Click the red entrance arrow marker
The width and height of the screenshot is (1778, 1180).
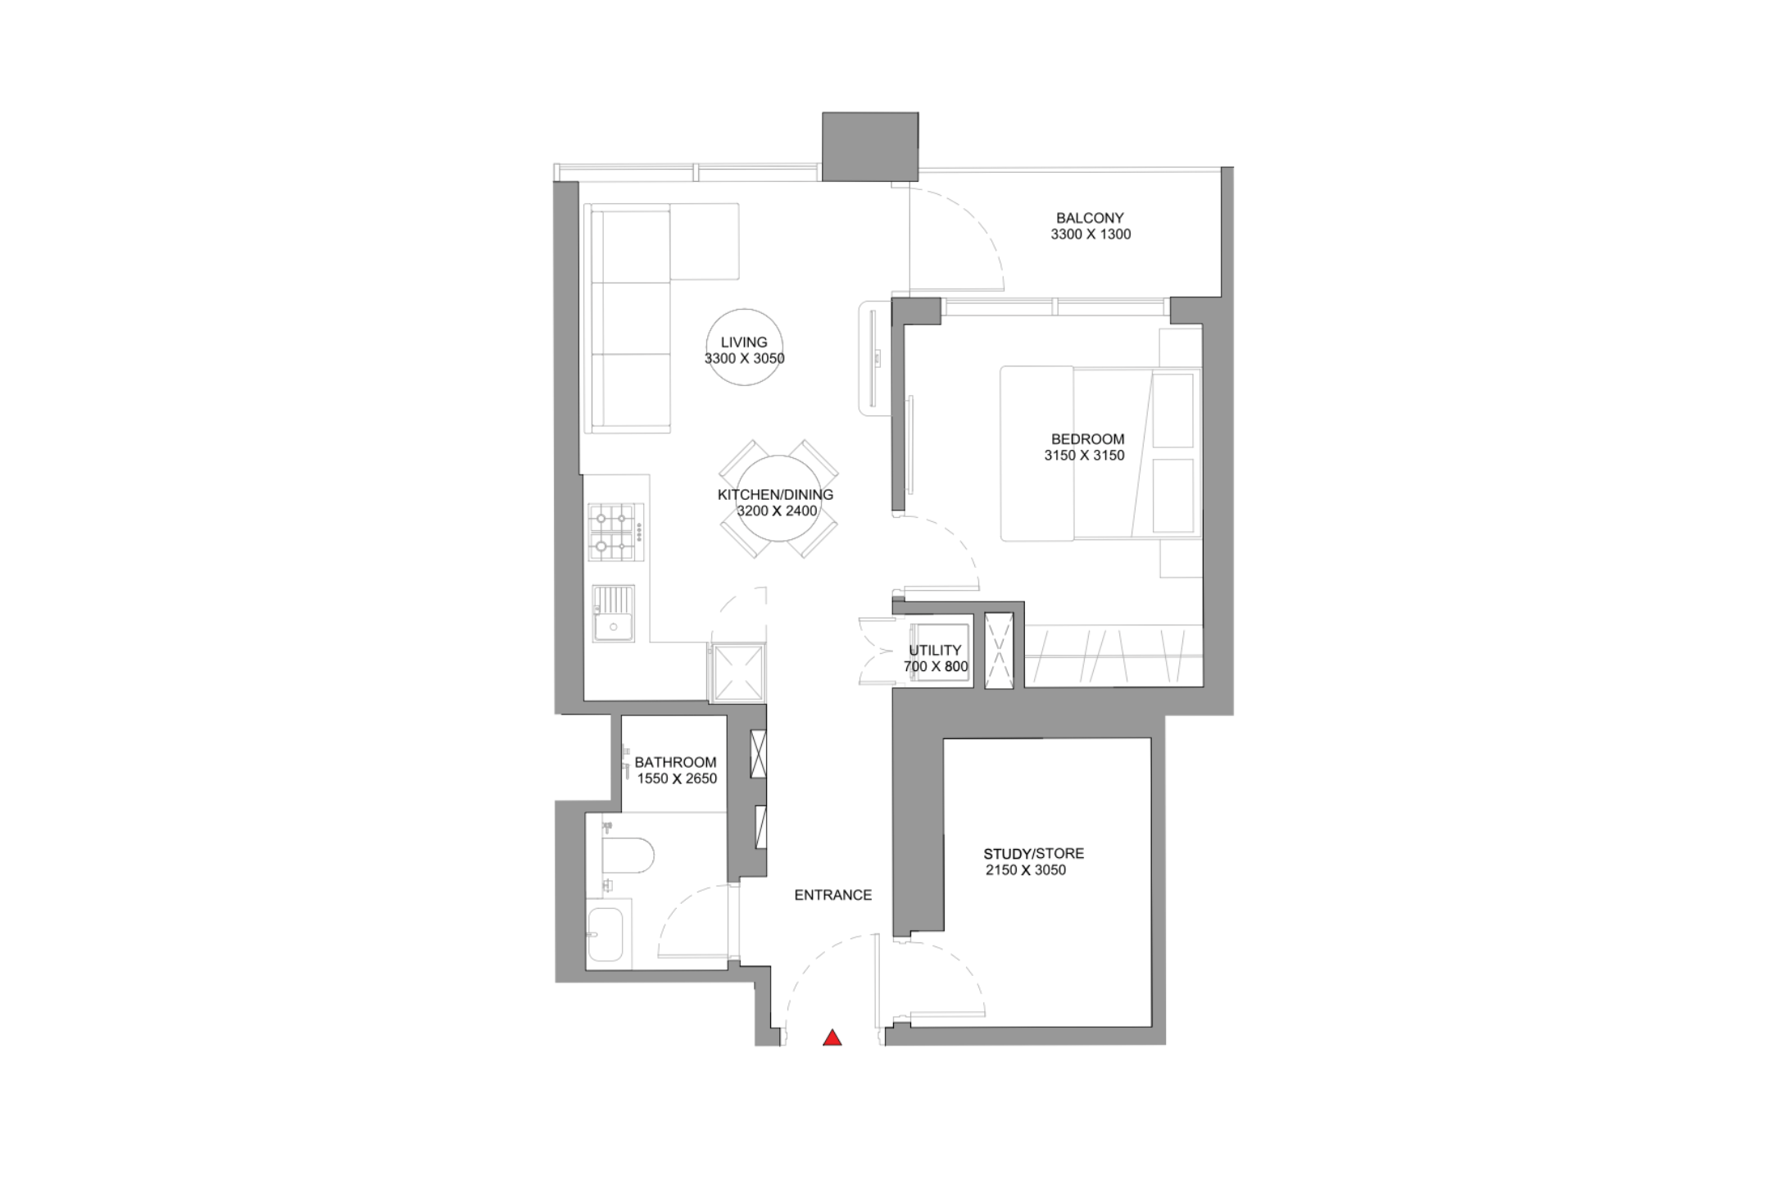point(832,1038)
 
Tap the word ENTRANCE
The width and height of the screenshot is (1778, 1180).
point(833,895)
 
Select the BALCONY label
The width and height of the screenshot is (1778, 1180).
point(1090,218)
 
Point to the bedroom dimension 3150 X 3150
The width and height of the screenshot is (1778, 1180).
point(1084,456)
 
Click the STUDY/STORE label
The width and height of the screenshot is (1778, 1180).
point(1034,854)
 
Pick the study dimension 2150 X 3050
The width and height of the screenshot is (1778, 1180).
point(1026,870)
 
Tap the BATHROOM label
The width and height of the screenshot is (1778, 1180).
point(675,762)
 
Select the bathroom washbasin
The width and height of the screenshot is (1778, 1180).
point(606,934)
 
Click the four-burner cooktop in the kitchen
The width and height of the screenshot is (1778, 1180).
point(615,532)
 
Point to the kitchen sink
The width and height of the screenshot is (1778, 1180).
point(614,613)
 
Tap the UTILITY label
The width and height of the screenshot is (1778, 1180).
point(935,651)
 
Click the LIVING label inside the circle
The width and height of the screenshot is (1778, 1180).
point(744,343)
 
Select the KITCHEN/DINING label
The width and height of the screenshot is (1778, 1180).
point(775,495)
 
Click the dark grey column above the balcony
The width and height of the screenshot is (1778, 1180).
point(870,147)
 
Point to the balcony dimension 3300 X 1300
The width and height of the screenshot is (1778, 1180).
point(1091,234)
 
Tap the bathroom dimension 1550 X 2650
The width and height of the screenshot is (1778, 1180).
point(677,778)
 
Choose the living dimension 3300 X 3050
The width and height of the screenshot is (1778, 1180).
point(745,359)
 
